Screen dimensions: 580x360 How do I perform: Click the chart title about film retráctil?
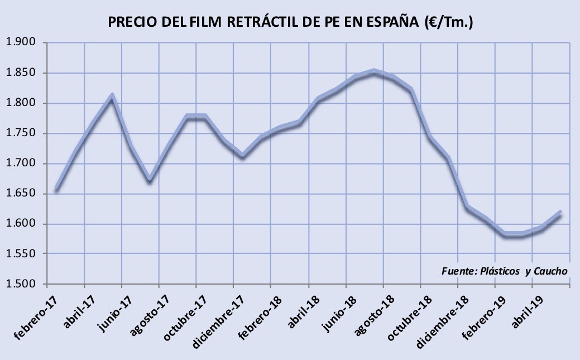click(290, 22)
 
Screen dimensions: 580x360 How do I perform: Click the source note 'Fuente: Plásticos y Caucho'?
click(504, 271)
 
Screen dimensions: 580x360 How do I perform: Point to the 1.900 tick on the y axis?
click(21, 42)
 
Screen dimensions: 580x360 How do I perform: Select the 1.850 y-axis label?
click(21, 73)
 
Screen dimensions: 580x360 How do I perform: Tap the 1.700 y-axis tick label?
click(21, 163)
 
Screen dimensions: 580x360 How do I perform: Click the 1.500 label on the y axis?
click(21, 284)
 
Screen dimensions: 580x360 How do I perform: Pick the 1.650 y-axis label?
click(21, 194)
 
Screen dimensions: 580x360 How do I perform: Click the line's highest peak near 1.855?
click(374, 70)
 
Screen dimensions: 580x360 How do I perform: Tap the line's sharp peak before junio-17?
click(112, 95)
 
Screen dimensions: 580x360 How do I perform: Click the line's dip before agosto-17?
click(150, 180)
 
